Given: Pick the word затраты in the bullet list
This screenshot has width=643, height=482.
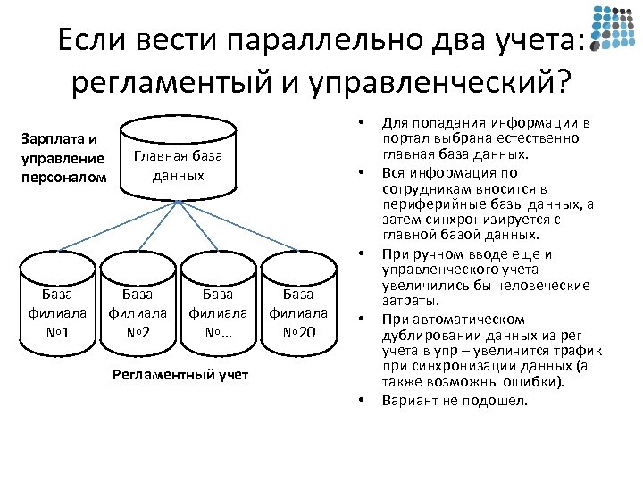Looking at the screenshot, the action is coord(407,303).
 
